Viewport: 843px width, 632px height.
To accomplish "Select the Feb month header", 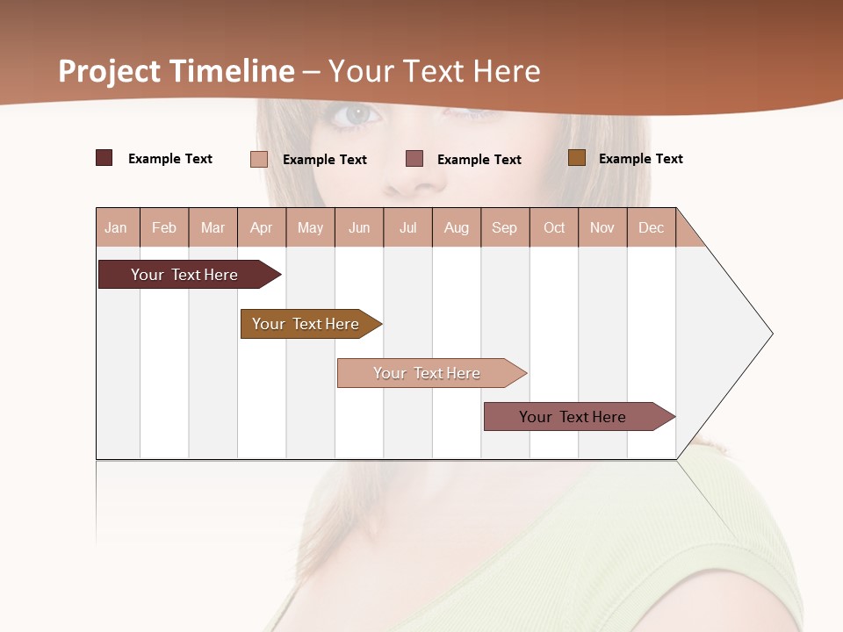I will pos(164,227).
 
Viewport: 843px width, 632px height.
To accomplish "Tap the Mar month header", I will pos(213,227).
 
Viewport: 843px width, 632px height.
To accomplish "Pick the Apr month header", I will pos(262,227).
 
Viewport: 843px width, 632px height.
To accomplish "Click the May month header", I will pos(310,227).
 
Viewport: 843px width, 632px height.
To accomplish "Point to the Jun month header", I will pos(359,227).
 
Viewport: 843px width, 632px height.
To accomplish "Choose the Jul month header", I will pos(407,227).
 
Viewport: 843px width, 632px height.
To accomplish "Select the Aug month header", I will pos(457,227).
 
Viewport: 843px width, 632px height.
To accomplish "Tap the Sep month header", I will pos(505,227).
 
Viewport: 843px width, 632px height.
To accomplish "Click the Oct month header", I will pos(554,227).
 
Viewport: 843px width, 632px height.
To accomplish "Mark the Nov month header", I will pos(602,227).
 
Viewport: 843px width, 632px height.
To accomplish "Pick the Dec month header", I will pos(652,227).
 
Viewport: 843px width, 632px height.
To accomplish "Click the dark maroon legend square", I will pos(104,158).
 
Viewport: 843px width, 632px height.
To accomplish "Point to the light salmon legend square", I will pos(259,159).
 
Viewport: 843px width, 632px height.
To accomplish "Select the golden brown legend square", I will pos(577,158).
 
